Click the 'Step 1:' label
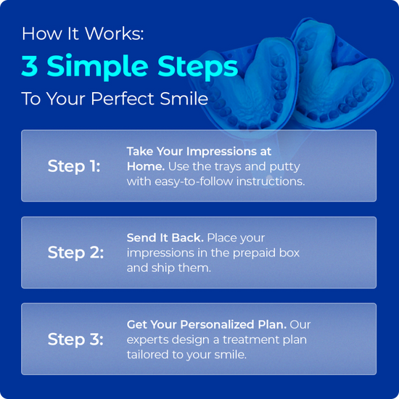(74, 166)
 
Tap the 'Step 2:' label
(75, 252)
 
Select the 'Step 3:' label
(75, 340)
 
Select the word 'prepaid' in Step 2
(250, 252)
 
